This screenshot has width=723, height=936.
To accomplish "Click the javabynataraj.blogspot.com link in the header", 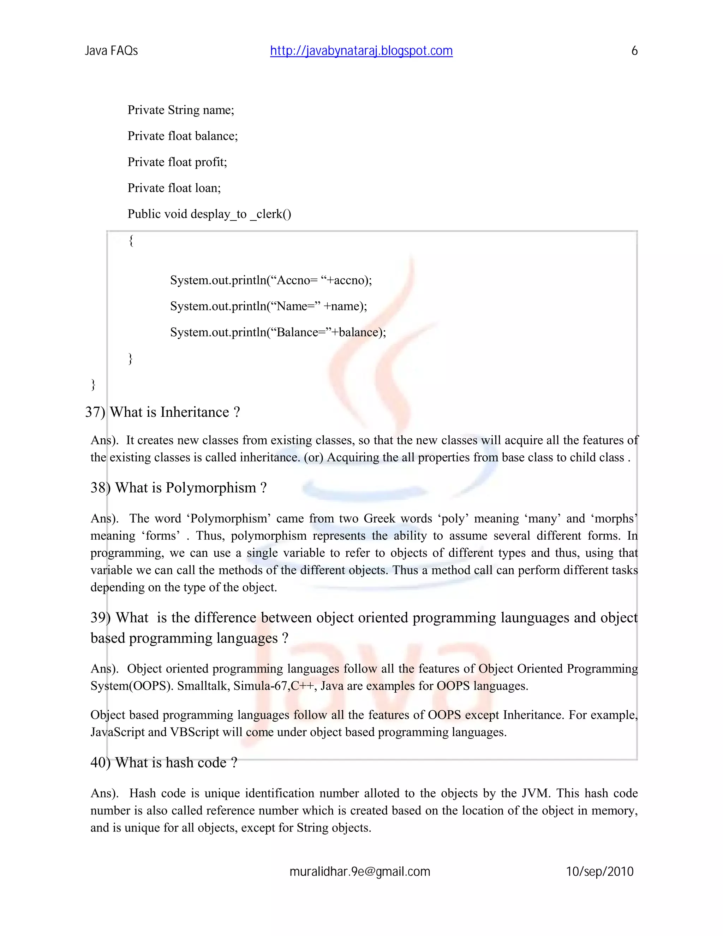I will (361, 51).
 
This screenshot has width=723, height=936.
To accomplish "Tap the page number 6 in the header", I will (634, 51).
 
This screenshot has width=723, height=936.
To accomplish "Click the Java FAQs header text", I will (111, 51).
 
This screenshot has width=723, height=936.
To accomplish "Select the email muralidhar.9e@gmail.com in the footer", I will (360, 871).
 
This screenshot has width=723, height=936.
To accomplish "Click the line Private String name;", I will (181, 110).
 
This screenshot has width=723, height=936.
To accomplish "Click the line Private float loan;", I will (174, 188).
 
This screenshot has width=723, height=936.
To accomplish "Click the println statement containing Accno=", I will (271, 280).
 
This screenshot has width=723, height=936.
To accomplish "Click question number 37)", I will (95, 412).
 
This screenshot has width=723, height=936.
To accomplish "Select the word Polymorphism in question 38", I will (211, 488).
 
